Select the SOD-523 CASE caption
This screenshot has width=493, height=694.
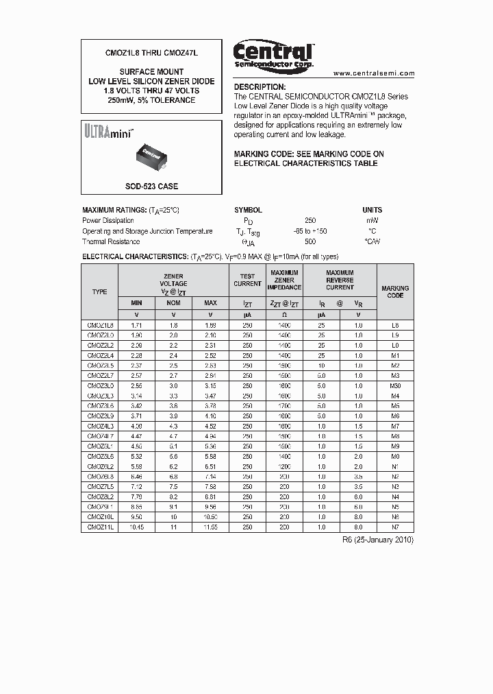click(x=151, y=186)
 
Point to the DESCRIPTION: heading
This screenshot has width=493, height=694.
click(x=260, y=87)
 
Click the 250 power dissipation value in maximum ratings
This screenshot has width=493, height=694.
click(x=310, y=221)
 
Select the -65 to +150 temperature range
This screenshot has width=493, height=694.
click(x=310, y=231)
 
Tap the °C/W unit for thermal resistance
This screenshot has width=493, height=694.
click(x=372, y=241)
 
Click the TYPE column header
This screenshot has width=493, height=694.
click(x=99, y=291)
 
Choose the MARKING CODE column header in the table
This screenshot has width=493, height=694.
click(x=395, y=291)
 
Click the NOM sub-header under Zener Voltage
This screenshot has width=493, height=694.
click(x=173, y=302)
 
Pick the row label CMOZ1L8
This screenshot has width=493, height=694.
click(x=99, y=324)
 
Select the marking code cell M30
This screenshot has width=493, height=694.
click(x=395, y=386)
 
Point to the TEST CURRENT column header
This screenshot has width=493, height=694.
click(x=247, y=280)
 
